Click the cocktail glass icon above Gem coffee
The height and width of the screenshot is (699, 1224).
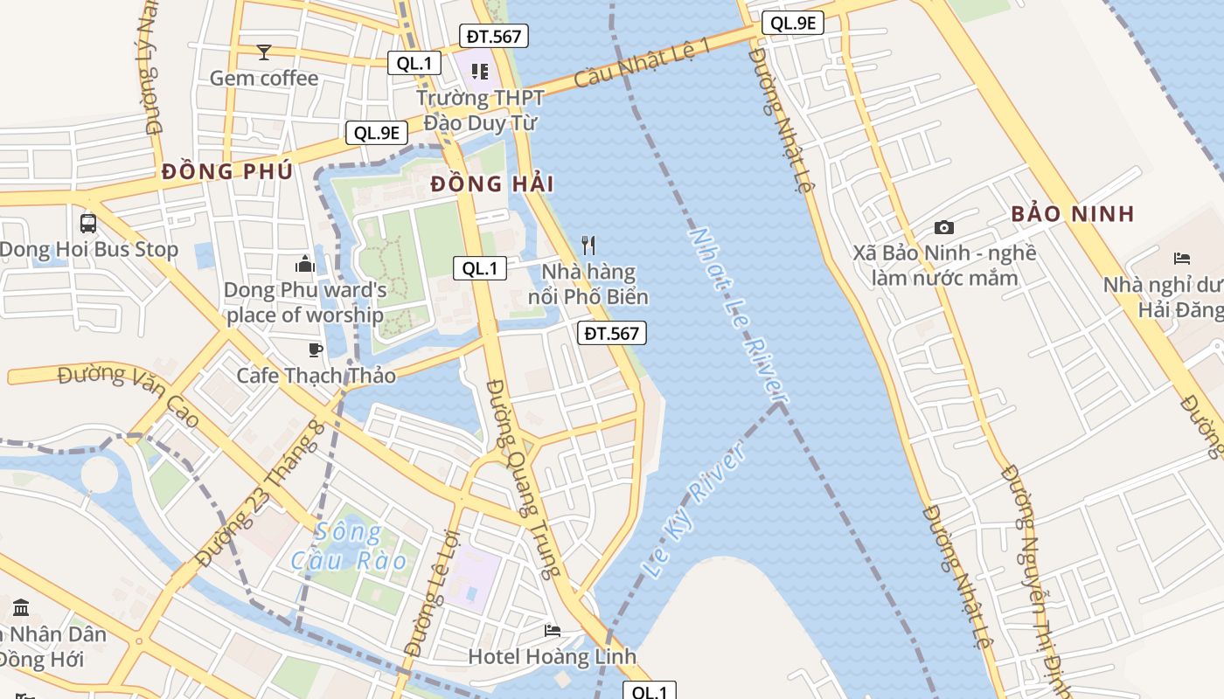click(264, 52)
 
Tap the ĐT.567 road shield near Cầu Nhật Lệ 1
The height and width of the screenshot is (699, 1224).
click(494, 36)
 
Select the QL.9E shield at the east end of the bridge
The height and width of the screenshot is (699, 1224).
click(792, 24)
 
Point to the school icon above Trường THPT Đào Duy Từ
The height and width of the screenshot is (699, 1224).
click(479, 71)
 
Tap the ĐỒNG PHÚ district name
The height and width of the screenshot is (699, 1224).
click(227, 171)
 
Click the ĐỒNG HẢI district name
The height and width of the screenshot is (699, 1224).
click(492, 183)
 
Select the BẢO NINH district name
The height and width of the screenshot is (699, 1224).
click(1073, 213)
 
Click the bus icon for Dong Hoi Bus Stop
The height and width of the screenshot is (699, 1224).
click(88, 223)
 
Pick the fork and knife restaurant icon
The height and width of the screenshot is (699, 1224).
click(588, 246)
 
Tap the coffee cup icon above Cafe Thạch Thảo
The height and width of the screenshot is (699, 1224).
click(316, 350)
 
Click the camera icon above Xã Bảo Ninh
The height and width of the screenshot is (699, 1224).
click(944, 228)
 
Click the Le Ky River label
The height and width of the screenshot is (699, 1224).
click(696, 509)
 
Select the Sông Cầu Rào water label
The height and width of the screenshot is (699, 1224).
click(350, 546)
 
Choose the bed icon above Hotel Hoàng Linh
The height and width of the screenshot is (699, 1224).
click(552, 630)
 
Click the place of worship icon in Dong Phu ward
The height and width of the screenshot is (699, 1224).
click(304, 263)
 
